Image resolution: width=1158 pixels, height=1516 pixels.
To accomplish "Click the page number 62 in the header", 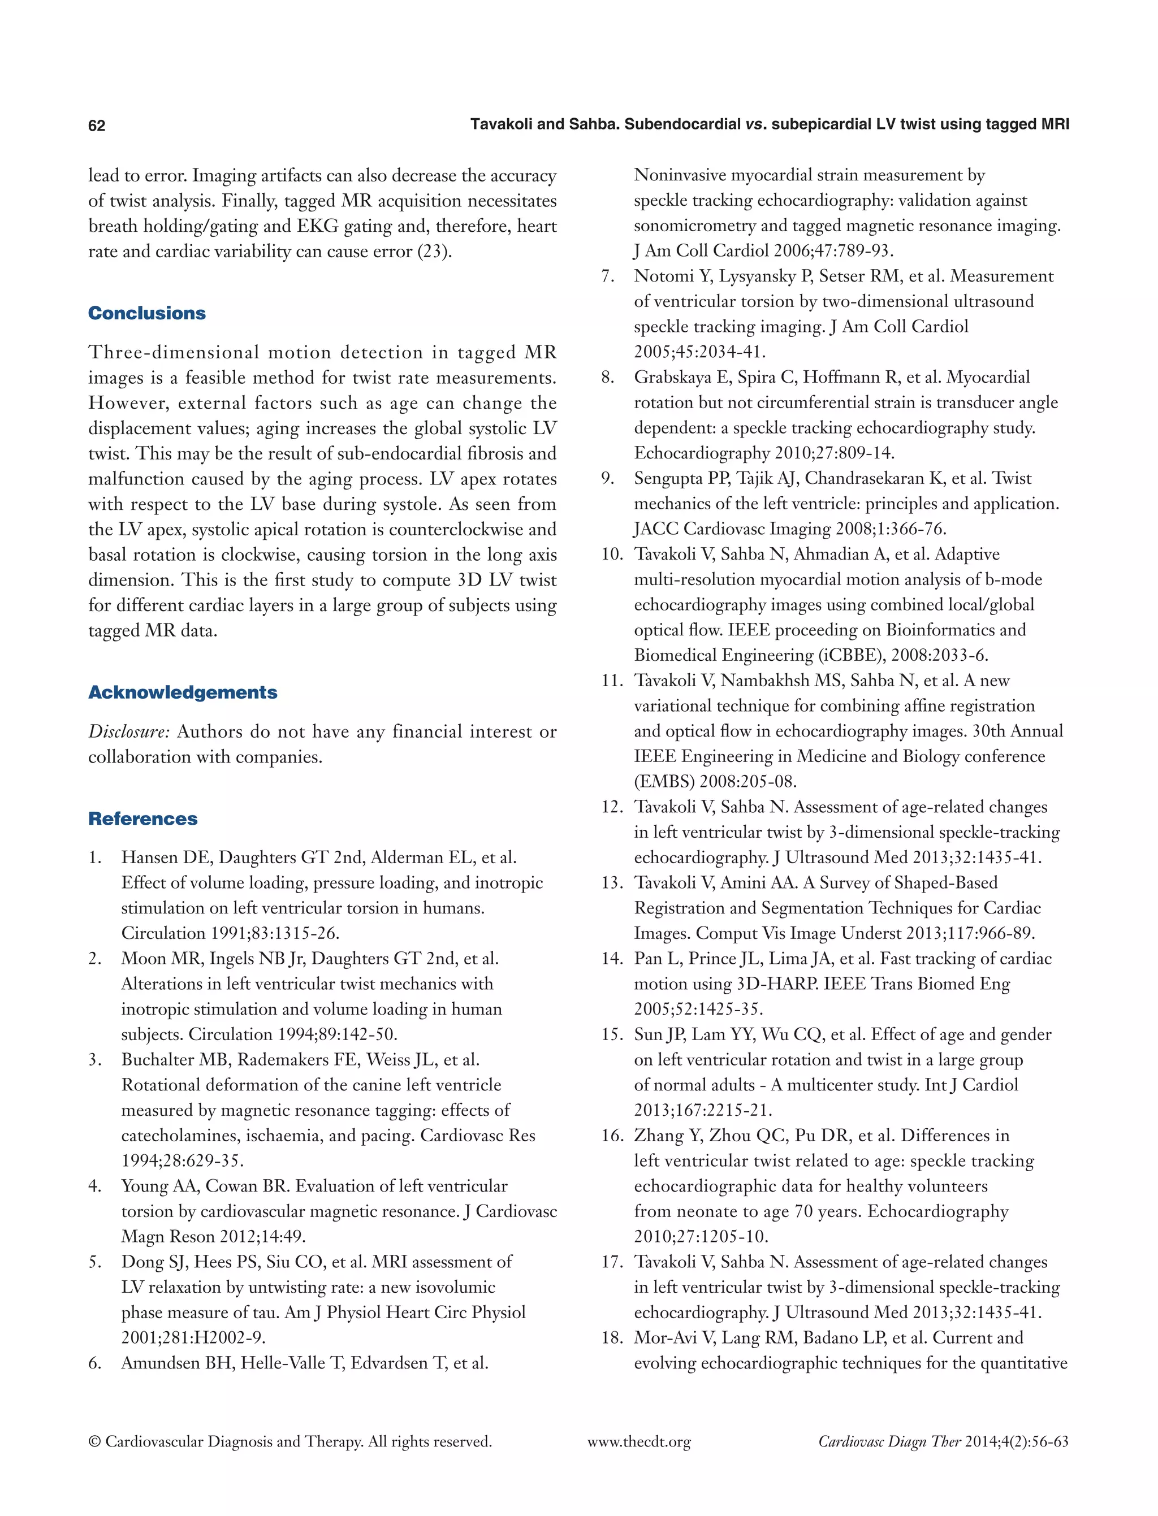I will (97, 125).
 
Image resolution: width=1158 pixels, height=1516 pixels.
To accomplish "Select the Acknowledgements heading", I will (183, 692).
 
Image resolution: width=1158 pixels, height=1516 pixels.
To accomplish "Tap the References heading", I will (142, 818).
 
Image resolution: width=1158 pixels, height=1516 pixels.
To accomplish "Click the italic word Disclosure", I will (128, 732).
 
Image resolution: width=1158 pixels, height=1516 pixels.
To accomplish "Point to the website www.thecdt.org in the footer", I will (638, 1443).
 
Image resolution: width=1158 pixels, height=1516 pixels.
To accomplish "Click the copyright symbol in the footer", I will (94, 1443).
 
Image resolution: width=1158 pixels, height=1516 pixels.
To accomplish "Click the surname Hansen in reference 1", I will (150, 858).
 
